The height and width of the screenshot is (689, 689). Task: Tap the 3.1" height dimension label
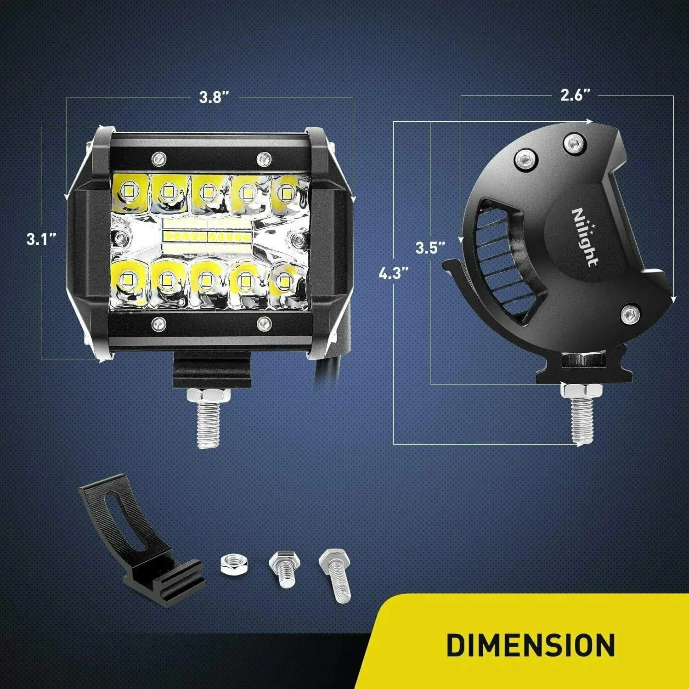[x=41, y=239]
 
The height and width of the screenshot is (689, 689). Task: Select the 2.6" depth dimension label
[x=575, y=95]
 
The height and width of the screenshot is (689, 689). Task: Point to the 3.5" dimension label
[x=430, y=248]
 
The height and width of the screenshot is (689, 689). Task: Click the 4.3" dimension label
[x=394, y=273]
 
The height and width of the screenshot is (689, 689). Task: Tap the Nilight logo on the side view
[x=585, y=237]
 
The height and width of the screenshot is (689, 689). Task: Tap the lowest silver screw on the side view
[x=630, y=314]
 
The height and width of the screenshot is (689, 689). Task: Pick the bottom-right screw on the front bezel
[x=263, y=323]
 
